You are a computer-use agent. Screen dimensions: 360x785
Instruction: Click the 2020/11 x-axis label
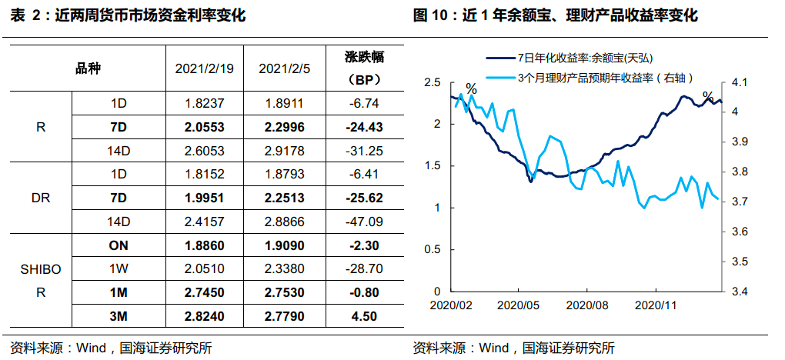pyautogui.click(x=656, y=304)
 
